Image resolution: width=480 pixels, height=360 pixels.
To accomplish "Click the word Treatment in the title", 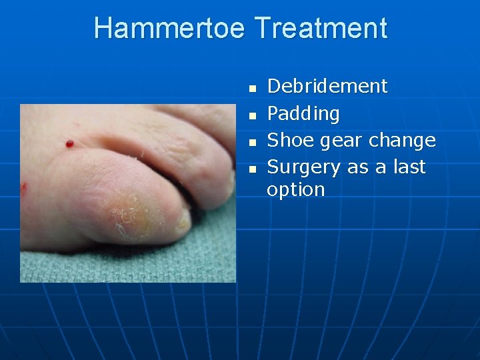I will (x=321, y=29).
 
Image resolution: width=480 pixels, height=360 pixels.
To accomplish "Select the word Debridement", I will (x=327, y=86).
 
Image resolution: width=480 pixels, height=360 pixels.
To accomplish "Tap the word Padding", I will (x=303, y=114).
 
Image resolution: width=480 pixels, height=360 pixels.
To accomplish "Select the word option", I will (x=295, y=190).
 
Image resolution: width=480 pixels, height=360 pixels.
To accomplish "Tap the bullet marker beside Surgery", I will (x=251, y=169).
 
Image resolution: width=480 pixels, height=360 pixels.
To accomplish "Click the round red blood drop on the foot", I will (x=69, y=143).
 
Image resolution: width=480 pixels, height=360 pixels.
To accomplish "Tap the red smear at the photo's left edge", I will (x=23, y=188).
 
